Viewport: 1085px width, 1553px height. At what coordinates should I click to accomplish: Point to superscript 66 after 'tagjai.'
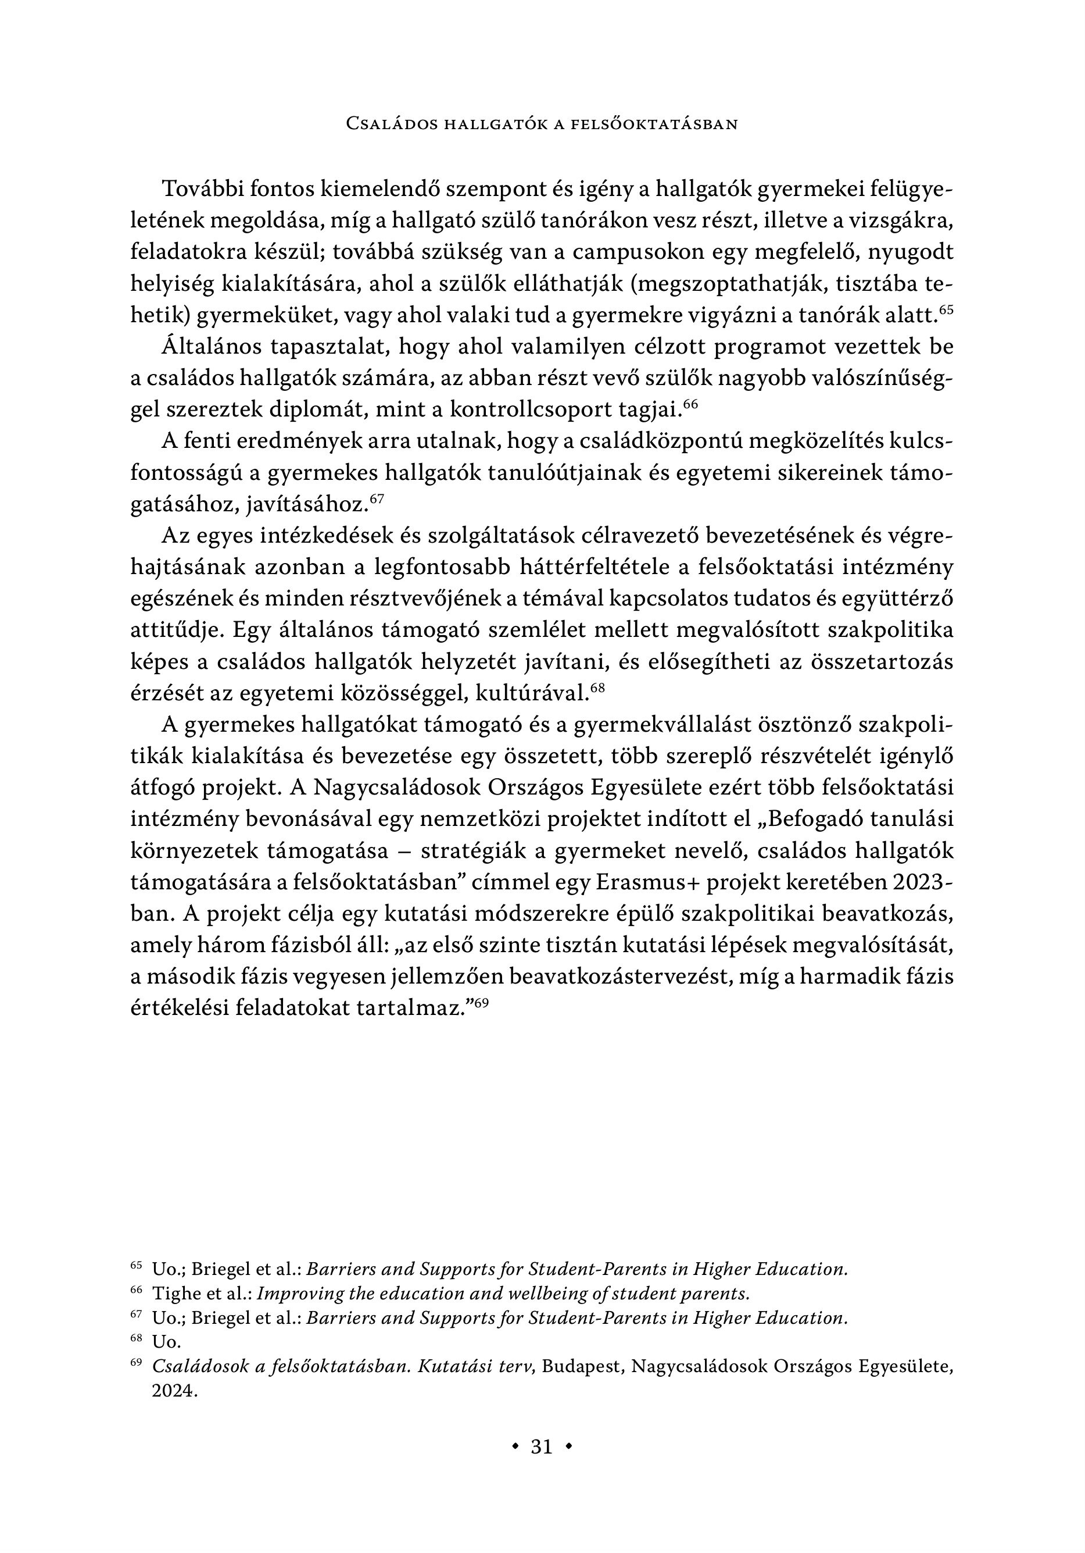tap(690, 404)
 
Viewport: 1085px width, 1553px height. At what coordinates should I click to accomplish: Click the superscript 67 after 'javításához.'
tap(377, 498)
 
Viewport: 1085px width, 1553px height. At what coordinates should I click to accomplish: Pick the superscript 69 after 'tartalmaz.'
tap(481, 1003)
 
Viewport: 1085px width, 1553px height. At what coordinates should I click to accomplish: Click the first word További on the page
tap(202, 190)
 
